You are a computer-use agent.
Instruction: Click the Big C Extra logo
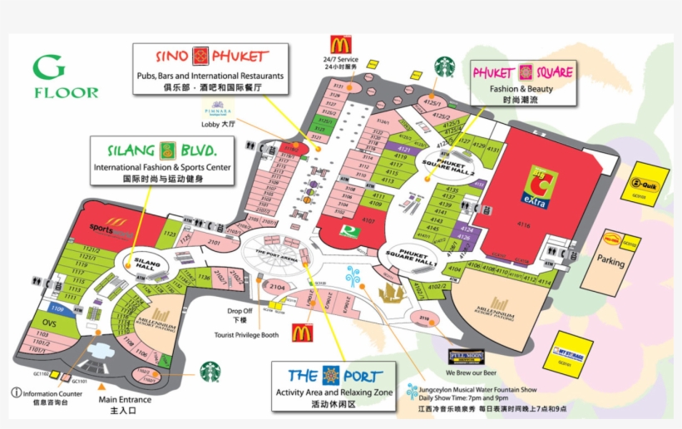(x=537, y=187)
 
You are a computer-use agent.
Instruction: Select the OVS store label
(x=49, y=323)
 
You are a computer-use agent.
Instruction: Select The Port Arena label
(x=276, y=253)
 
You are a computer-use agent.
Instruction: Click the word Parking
(x=610, y=260)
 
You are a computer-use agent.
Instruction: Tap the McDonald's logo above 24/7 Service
(x=339, y=44)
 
